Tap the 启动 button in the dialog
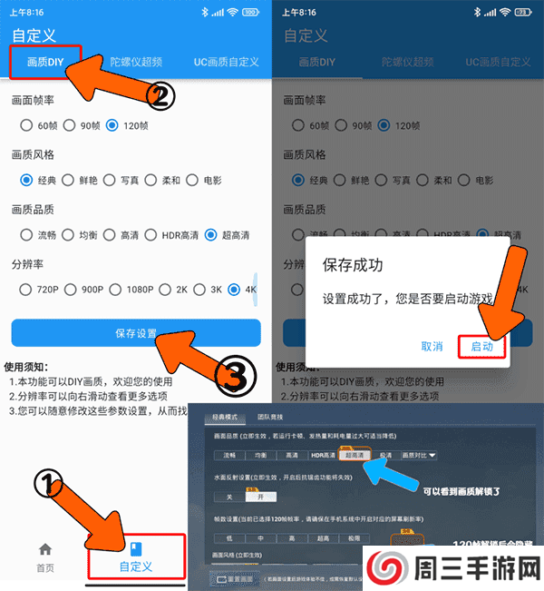point(481,346)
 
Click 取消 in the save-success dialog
point(432,346)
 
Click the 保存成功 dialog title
point(353,266)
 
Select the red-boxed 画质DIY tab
point(45,63)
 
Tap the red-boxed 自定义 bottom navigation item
point(136,557)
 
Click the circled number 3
point(233,373)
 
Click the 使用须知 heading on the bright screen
point(34,368)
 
